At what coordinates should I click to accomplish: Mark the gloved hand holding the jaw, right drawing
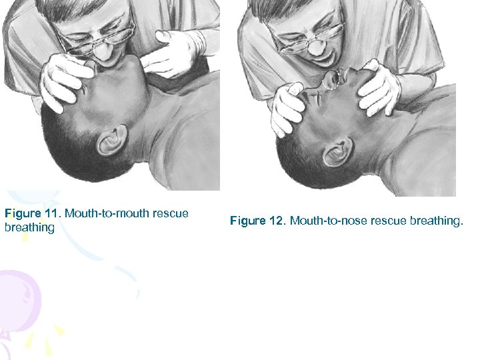tap(381, 87)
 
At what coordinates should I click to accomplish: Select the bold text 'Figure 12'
tap(258, 221)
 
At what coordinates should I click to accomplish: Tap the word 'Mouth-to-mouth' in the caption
tap(106, 214)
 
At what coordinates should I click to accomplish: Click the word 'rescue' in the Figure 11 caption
tap(170, 214)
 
